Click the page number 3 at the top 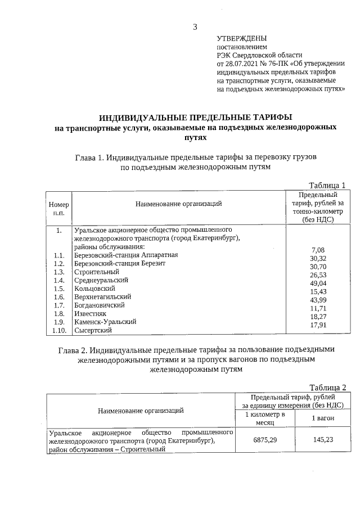point(195,26)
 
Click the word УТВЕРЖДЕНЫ point(238,38)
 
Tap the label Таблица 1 point(327,185)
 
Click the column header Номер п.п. point(59,208)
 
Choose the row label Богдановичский point(100,305)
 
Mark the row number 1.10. point(59,331)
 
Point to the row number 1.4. point(59,280)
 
